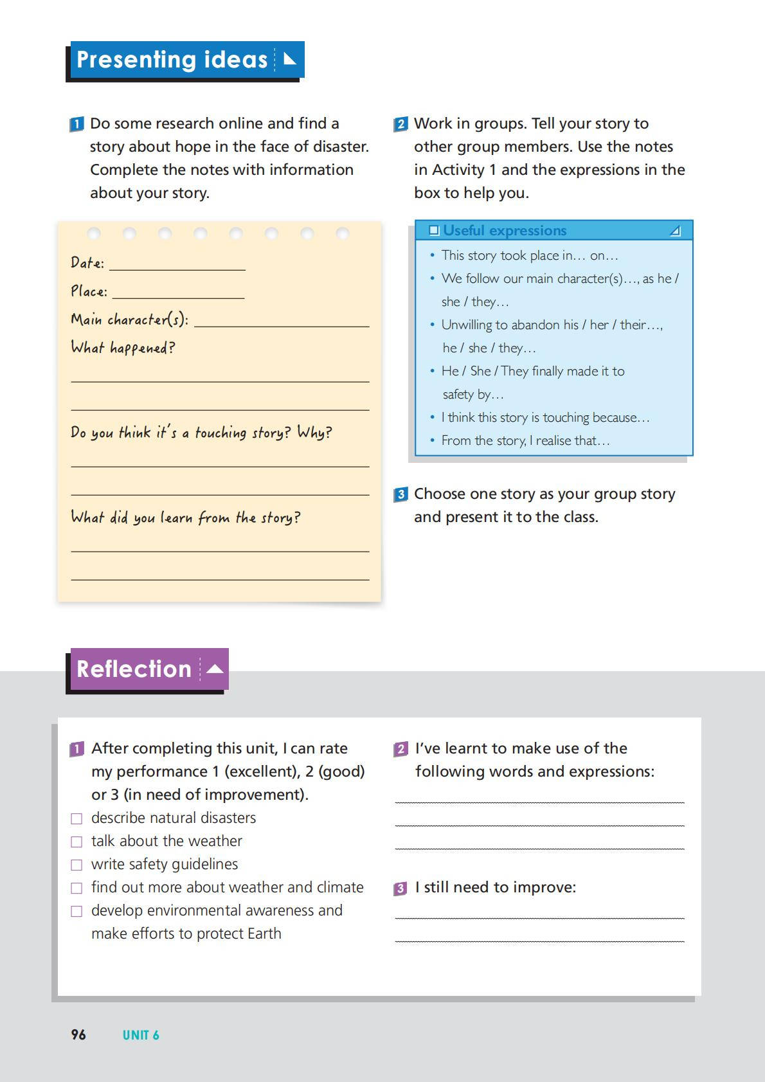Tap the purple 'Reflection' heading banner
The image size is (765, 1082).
coord(148,669)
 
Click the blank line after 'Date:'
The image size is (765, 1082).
coord(177,264)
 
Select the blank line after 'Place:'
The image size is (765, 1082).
coord(178,293)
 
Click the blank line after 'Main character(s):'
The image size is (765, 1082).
coord(282,321)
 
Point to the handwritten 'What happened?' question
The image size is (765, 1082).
coord(123,348)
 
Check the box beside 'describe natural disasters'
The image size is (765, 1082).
coord(76,818)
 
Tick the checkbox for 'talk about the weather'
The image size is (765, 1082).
coord(76,842)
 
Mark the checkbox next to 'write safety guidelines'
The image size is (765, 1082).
coord(76,865)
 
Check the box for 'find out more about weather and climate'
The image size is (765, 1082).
coord(76,888)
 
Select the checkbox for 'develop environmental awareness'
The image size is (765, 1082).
coord(76,911)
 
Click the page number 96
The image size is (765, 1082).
coord(78,1034)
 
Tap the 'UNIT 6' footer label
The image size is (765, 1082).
coord(141,1035)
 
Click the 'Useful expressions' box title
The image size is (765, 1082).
coord(505,230)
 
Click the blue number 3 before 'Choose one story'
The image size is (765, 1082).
coord(401,494)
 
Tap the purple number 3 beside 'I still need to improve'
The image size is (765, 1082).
coord(401,888)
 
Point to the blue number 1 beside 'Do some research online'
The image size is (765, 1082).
coord(76,124)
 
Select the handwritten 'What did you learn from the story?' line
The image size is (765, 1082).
coord(185,518)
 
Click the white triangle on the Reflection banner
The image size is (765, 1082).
coord(215,669)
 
